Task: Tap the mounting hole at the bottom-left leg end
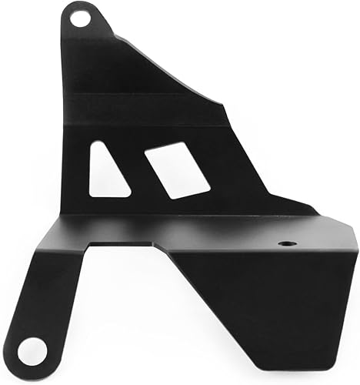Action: pyautogui.click(x=30, y=352)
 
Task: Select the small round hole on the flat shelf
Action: pyautogui.click(x=287, y=243)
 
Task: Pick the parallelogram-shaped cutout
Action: pyautogui.click(x=177, y=169)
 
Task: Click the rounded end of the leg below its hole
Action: pyautogui.click(x=29, y=366)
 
